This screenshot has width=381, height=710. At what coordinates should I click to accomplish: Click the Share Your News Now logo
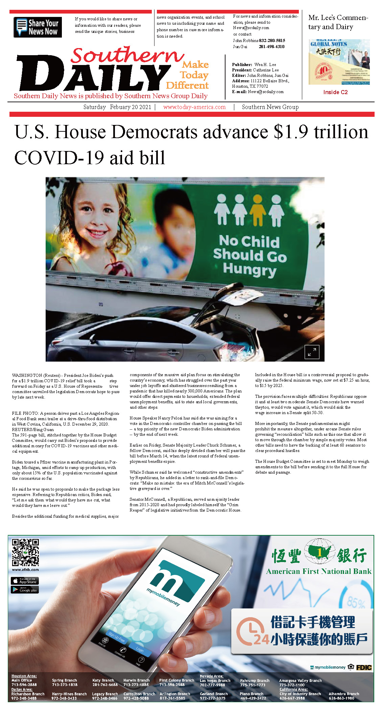(38, 27)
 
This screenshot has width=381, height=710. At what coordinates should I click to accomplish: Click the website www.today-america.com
(194, 107)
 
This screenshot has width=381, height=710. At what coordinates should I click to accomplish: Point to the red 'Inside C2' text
(335, 92)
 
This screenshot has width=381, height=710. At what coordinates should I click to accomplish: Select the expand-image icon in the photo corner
(312, 352)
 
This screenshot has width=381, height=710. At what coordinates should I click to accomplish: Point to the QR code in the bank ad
(25, 553)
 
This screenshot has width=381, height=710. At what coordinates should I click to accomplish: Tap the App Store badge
(25, 581)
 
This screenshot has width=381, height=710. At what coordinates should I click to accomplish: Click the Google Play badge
(25, 590)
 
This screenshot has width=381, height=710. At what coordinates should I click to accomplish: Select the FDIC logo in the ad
(364, 667)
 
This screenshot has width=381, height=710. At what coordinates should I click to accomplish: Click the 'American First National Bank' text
(318, 572)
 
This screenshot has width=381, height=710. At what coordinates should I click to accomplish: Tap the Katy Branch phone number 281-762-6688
(105, 685)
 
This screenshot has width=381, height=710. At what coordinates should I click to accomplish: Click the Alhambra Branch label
(344, 694)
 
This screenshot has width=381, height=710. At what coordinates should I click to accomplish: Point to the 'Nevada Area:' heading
(211, 676)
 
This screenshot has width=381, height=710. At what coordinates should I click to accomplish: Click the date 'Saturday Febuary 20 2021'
(117, 107)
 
